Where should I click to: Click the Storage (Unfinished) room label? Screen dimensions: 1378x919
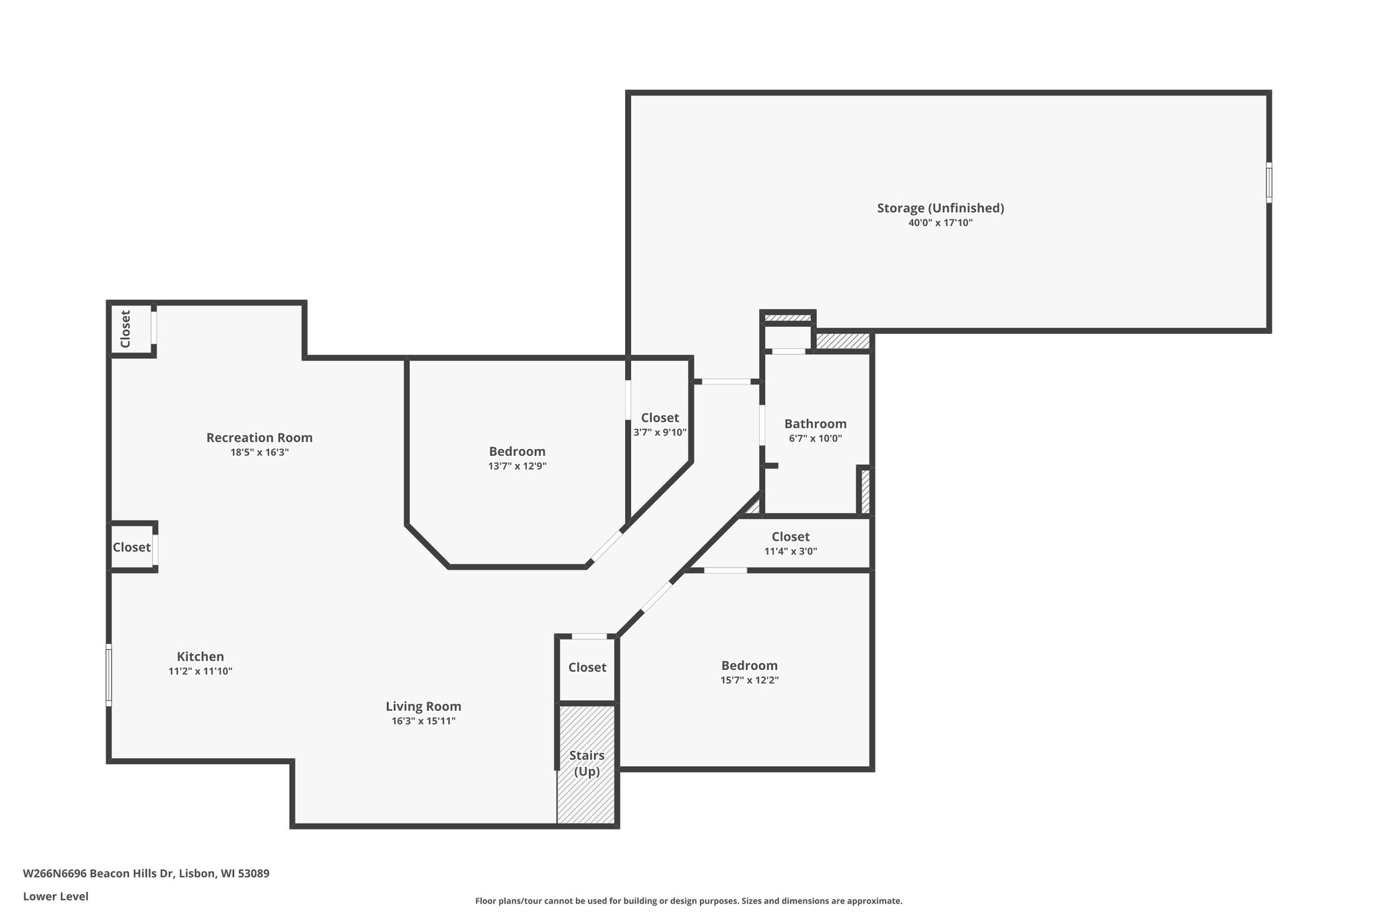coord(940,208)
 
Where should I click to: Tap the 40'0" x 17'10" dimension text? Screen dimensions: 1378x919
coord(940,223)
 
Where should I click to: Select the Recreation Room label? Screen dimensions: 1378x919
coord(259,438)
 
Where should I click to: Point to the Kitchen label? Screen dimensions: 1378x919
coord(201,656)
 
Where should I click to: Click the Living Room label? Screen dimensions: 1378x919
coord(423,706)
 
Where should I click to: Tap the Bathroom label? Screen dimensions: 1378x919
coord(815,423)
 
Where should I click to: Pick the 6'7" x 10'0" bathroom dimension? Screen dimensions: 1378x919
coord(815,438)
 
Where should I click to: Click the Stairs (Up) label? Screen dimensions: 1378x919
coord(587,763)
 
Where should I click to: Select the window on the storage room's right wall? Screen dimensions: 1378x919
coord(1269,182)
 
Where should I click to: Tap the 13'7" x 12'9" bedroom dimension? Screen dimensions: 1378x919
coord(517,466)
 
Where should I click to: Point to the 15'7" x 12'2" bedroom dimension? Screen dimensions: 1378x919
coord(750,680)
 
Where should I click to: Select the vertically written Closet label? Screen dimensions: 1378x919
coord(125,329)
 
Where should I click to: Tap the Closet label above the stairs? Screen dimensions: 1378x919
coord(587,667)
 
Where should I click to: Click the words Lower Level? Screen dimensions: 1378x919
coord(56,896)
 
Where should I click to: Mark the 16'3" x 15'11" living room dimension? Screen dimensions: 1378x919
coord(424,721)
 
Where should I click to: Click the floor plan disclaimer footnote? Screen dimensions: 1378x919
coord(689,901)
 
